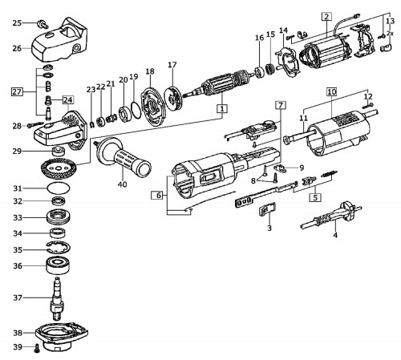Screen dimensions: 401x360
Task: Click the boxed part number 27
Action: point(17,92)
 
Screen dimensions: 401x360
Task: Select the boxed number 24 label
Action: point(68,100)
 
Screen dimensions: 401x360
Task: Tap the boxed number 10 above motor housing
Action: point(331,92)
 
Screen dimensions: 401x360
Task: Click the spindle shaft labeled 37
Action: point(57,299)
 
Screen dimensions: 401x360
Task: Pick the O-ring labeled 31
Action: point(59,188)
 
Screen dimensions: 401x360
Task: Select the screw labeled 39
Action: point(37,348)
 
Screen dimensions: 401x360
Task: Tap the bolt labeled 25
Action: point(43,24)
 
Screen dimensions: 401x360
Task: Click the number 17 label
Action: point(172,65)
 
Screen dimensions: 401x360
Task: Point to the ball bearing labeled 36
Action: point(58,265)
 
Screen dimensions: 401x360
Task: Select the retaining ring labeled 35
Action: point(58,247)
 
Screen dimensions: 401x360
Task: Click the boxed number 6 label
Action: point(159,196)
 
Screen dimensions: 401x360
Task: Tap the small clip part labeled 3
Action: point(268,208)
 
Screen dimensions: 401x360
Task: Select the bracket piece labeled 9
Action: point(280,168)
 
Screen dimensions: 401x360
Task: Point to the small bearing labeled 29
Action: point(59,151)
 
